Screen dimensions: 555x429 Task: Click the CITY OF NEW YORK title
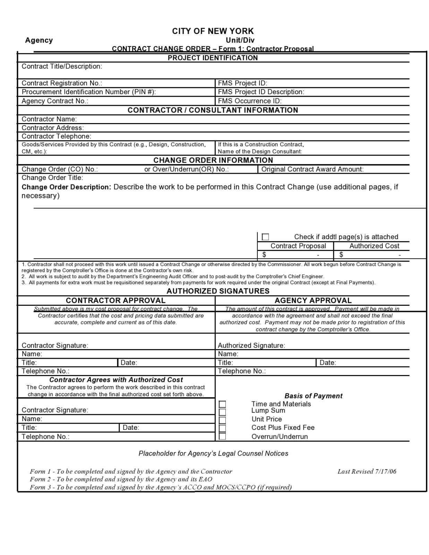point(213,31)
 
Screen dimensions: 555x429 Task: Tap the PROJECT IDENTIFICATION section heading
point(213,58)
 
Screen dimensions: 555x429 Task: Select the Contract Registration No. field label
point(62,83)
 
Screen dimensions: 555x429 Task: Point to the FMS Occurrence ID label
point(250,101)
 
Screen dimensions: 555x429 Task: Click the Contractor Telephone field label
point(57,137)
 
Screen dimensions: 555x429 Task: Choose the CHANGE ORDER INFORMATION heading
point(213,161)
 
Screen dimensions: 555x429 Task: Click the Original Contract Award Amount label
point(312,170)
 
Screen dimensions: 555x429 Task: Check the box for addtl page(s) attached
point(265,237)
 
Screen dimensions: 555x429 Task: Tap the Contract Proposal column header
point(298,246)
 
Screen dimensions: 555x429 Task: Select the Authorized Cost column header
point(374,246)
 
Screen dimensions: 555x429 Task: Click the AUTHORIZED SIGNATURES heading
point(218,291)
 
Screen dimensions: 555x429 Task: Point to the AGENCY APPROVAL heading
point(313,301)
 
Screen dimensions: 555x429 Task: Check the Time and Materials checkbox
point(222,405)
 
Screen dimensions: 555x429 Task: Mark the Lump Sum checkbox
point(222,412)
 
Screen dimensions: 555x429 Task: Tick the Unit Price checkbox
point(222,420)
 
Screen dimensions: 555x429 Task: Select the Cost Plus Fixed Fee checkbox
point(222,428)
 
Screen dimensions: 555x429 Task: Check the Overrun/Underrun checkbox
point(222,436)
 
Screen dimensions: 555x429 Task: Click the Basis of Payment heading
point(313,396)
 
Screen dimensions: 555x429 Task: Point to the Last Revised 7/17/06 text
point(367,471)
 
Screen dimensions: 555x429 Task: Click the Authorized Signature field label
point(251,346)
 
